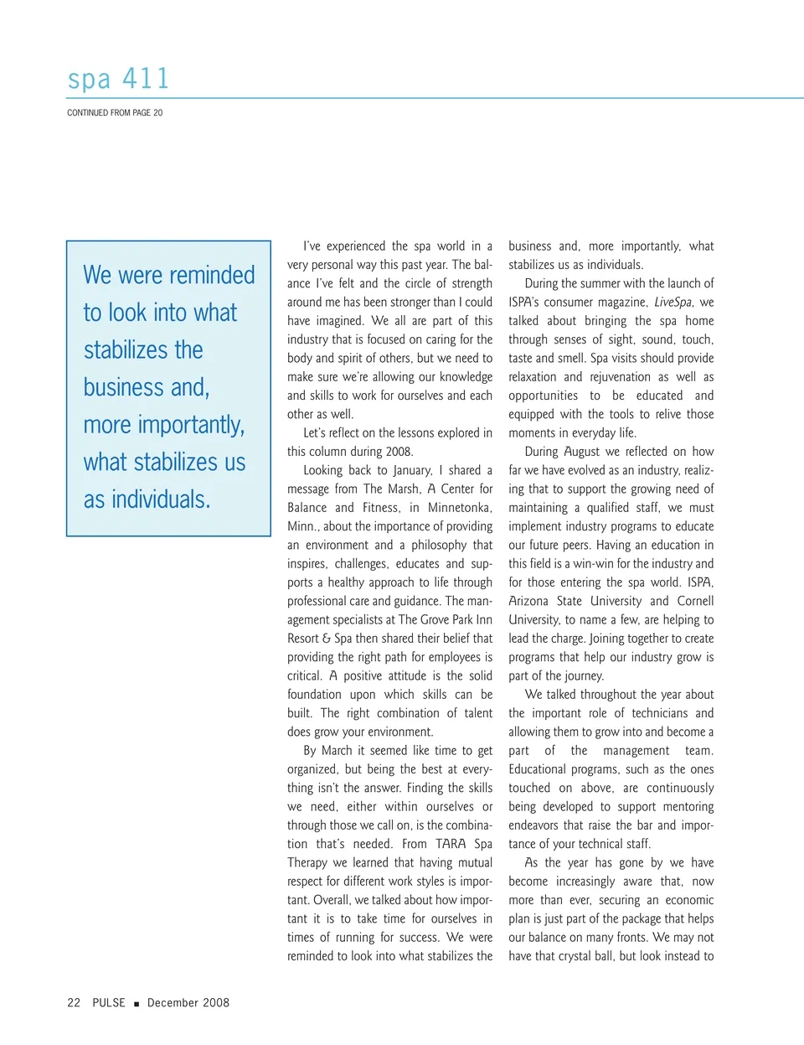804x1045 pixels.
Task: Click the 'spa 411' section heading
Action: point(118,79)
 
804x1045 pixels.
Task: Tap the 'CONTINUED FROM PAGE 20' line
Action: point(115,112)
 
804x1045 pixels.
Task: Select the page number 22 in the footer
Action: point(74,1002)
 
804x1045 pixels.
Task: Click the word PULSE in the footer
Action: point(109,1002)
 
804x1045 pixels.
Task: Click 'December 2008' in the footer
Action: point(188,1002)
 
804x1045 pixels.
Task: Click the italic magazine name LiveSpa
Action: point(673,303)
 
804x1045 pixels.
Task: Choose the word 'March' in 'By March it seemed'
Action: point(337,751)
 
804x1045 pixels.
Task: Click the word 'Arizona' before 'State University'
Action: point(528,601)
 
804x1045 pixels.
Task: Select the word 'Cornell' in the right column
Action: point(695,601)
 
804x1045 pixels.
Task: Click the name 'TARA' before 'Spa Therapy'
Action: point(451,844)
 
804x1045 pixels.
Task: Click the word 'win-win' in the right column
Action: point(593,564)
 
